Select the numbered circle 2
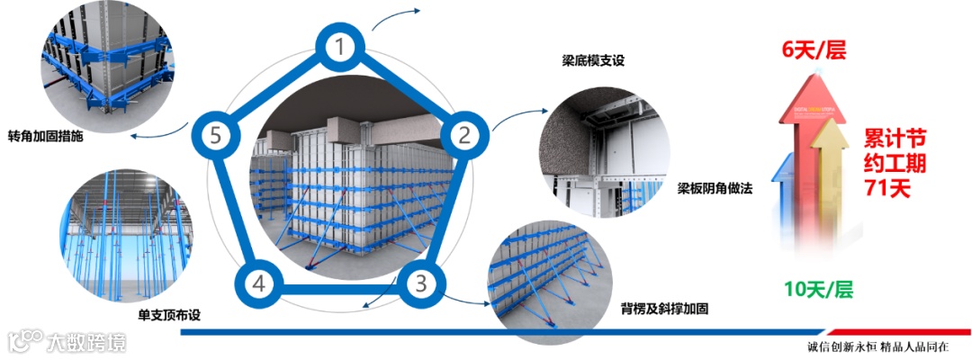click(x=464, y=136)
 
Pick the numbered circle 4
click(x=259, y=284)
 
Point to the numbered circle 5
click(x=213, y=136)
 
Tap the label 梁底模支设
click(x=592, y=61)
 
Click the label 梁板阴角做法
click(x=715, y=190)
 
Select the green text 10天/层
click(x=818, y=290)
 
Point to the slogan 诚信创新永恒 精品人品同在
click(x=886, y=346)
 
